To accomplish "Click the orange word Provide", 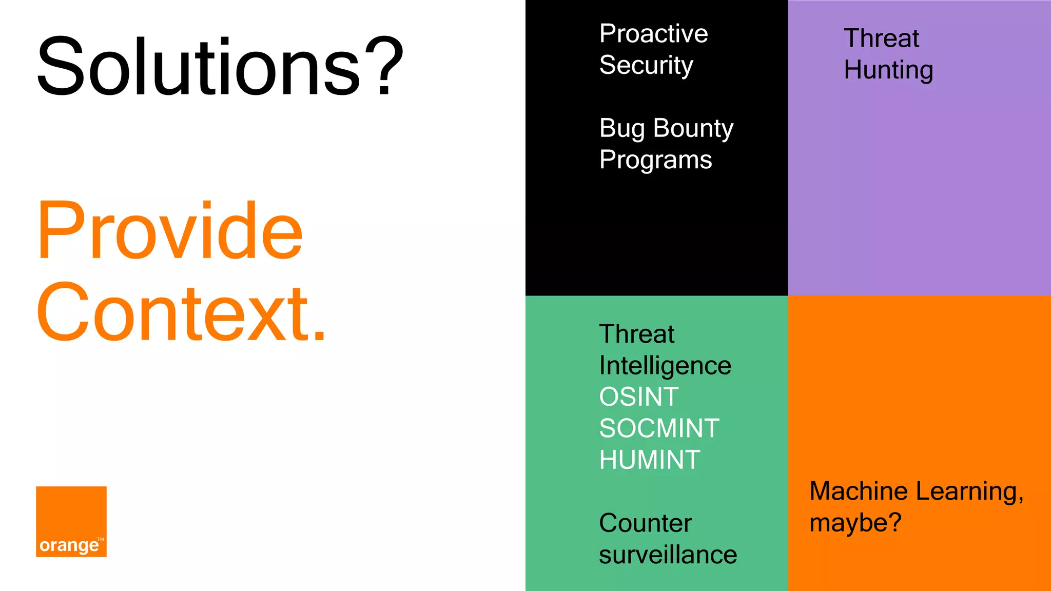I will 170,231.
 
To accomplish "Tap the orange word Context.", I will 181,313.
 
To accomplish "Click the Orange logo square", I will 71,521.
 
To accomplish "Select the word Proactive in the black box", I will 653,34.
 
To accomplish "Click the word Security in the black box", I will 646,65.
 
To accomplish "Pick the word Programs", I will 655,160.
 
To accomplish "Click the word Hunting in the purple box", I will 888,70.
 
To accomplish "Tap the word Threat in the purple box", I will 881,38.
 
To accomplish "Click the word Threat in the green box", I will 636,334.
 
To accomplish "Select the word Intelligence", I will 665,366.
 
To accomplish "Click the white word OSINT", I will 639,397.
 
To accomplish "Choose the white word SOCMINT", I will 659,428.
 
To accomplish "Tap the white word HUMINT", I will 650,460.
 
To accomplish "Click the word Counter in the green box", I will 646,523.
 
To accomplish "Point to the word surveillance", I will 668,555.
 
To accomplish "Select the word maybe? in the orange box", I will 855,523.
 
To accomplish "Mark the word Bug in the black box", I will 622,128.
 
